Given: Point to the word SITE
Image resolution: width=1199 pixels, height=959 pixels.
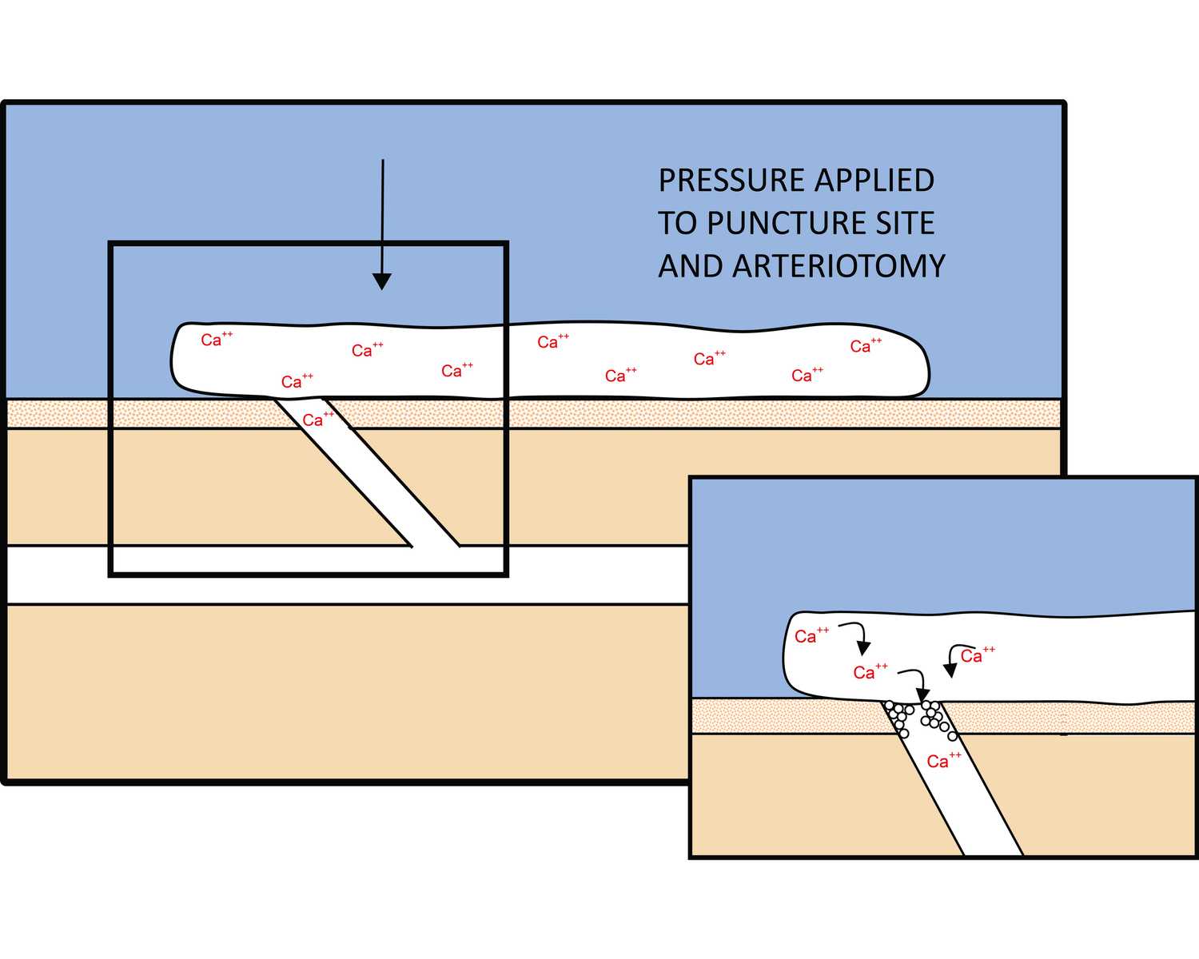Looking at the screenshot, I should click(905, 224).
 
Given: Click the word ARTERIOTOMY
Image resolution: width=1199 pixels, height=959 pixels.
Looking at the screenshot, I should click(839, 267).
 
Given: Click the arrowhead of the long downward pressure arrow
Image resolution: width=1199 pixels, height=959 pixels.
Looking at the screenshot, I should click(382, 281).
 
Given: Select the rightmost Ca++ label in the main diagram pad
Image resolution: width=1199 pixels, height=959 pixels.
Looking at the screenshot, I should click(865, 345).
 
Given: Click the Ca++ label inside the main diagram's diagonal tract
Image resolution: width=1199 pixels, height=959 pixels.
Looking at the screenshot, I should click(317, 419).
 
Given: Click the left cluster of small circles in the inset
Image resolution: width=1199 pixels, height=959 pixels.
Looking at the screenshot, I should click(898, 717).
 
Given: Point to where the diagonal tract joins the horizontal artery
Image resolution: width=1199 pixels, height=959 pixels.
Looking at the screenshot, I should click(436, 546).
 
